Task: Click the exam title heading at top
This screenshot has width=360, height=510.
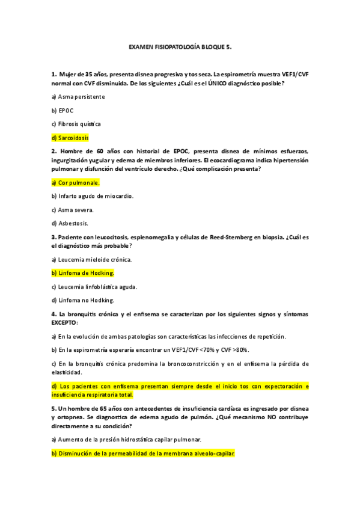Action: (x=180, y=46)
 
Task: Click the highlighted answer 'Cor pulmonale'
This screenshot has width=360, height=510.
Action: (x=76, y=182)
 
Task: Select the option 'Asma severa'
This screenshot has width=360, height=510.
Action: (x=72, y=209)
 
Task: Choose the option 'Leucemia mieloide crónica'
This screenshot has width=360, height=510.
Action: (x=91, y=259)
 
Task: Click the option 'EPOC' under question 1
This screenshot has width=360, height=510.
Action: (x=64, y=110)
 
